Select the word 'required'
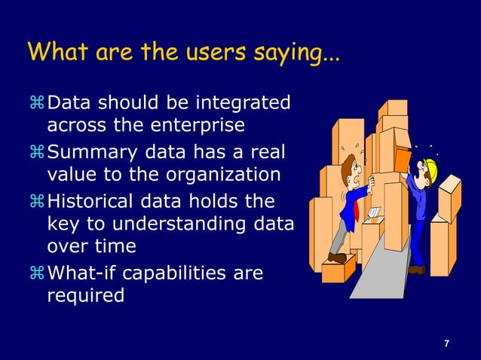tap(85, 295)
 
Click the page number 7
tap(446, 344)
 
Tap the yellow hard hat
tap(430, 166)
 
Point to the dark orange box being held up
tap(403, 160)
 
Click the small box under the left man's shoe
tap(338, 269)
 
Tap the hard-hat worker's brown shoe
tap(416, 269)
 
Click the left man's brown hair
tap(348, 160)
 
